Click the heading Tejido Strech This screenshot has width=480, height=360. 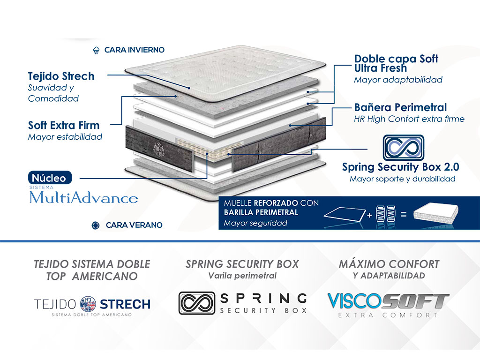pyautogui.click(x=61, y=76)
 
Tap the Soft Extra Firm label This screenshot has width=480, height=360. pyautogui.click(x=64, y=125)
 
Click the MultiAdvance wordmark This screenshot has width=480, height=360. pyautogui.click(x=83, y=198)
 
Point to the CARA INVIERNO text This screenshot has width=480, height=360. pyautogui.click(x=134, y=50)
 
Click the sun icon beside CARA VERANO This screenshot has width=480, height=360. pyautogui.click(x=96, y=225)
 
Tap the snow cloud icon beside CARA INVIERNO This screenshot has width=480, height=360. pyautogui.click(x=97, y=50)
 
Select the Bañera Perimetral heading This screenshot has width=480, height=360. pyautogui.click(x=400, y=107)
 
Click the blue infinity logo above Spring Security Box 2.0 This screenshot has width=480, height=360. pyautogui.click(x=403, y=147)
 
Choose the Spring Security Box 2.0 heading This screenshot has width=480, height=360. pyautogui.click(x=400, y=167)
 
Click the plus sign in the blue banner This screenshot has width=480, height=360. pyautogui.click(x=369, y=215)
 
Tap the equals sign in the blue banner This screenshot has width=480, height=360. pyautogui.click(x=403, y=215)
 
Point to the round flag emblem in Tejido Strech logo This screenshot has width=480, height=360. pyautogui.click(x=88, y=304)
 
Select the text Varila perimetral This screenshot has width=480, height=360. pyautogui.click(x=242, y=276)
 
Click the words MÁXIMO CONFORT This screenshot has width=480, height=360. pyautogui.click(x=389, y=264)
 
